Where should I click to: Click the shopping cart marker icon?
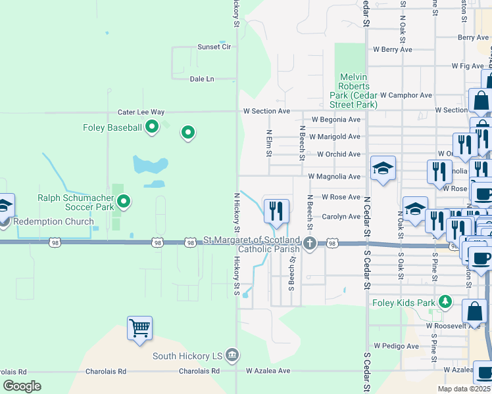pyautogui.click(x=139, y=327)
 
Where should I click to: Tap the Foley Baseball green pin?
pyautogui.click(x=153, y=127)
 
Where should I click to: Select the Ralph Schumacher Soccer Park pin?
pyautogui.click(x=122, y=202)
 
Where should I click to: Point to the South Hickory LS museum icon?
pyautogui.click(x=232, y=356)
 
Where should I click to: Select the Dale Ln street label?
pyautogui.click(x=202, y=79)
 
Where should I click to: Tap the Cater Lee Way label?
pyautogui.click(x=141, y=112)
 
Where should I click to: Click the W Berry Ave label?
pyautogui.click(x=393, y=49)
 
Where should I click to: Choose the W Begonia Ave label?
pyautogui.click(x=336, y=120)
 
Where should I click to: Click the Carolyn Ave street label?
pyautogui.click(x=341, y=217)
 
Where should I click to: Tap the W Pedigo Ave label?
pyautogui.click(x=396, y=346)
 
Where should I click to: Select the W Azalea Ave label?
pyautogui.click(x=268, y=370)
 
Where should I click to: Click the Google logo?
pyautogui.click(x=22, y=386)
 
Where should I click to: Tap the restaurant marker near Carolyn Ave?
pyautogui.click(x=276, y=210)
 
